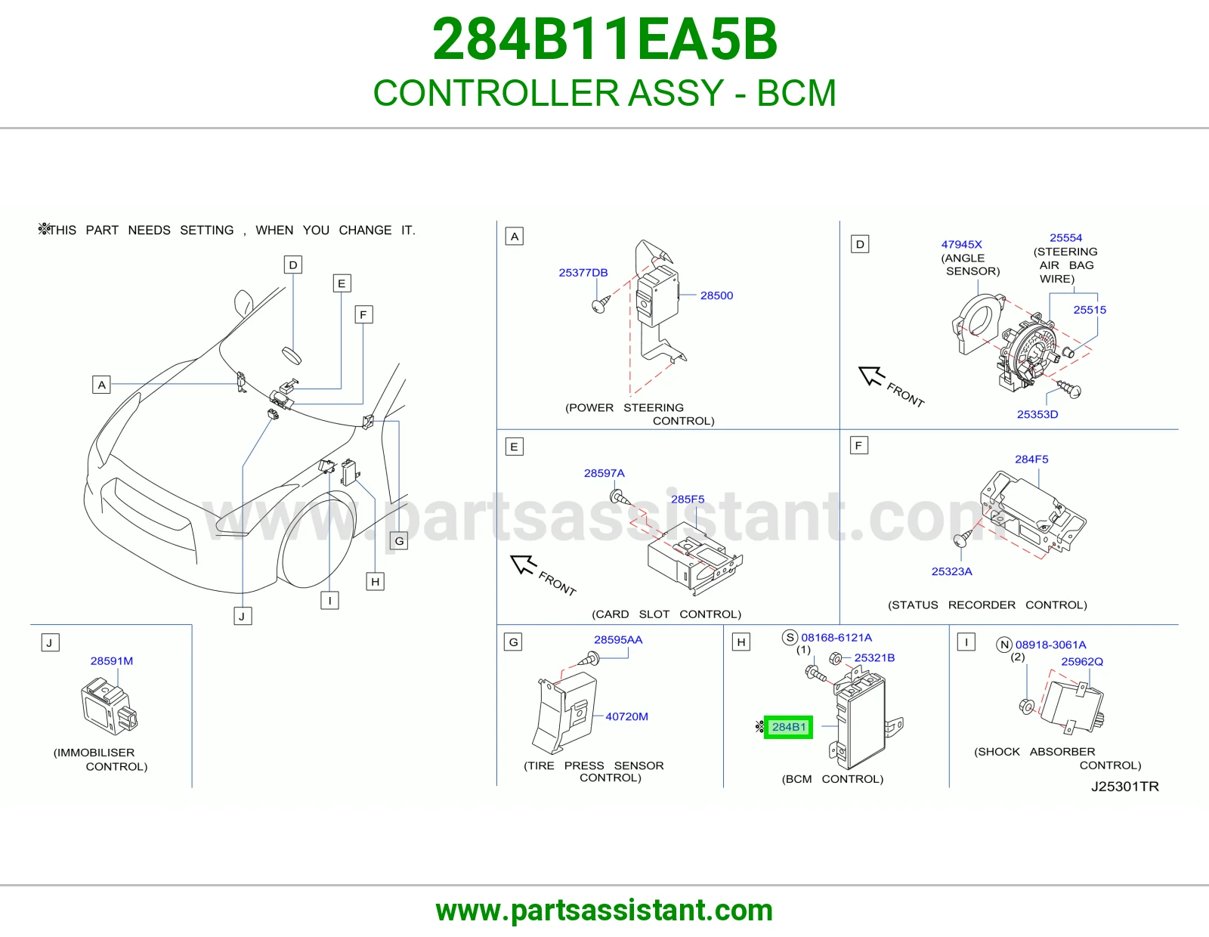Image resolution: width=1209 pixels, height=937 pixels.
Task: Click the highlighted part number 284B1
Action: click(788, 727)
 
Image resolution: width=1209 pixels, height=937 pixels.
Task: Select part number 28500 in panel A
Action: click(716, 295)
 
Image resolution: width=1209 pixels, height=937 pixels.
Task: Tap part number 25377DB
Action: click(583, 273)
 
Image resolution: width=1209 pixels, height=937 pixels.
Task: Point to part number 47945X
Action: click(961, 244)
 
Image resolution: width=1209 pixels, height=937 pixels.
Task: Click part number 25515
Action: click(1090, 310)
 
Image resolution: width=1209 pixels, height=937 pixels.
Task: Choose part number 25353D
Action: click(1037, 415)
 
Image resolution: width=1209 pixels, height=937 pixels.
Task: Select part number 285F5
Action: click(687, 499)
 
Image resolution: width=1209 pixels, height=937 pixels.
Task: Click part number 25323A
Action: click(951, 571)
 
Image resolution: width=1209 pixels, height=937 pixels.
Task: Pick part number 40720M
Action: click(626, 716)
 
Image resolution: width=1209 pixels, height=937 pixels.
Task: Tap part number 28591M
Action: click(111, 661)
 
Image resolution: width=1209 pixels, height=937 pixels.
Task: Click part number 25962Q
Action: click(1081, 662)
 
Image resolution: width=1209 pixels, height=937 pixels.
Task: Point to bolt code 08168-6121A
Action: click(836, 638)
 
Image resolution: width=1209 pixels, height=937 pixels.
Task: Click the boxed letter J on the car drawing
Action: click(243, 616)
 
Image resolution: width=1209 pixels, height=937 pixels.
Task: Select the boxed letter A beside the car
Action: click(101, 385)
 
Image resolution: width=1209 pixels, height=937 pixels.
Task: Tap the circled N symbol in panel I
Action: click(1003, 645)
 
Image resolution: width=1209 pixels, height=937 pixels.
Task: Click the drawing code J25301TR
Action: click(1124, 787)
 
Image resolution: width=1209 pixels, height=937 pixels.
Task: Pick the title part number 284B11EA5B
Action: click(604, 39)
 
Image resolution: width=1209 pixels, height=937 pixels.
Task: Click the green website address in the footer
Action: click(604, 911)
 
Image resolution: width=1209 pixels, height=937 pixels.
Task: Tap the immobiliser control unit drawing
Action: click(109, 706)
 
